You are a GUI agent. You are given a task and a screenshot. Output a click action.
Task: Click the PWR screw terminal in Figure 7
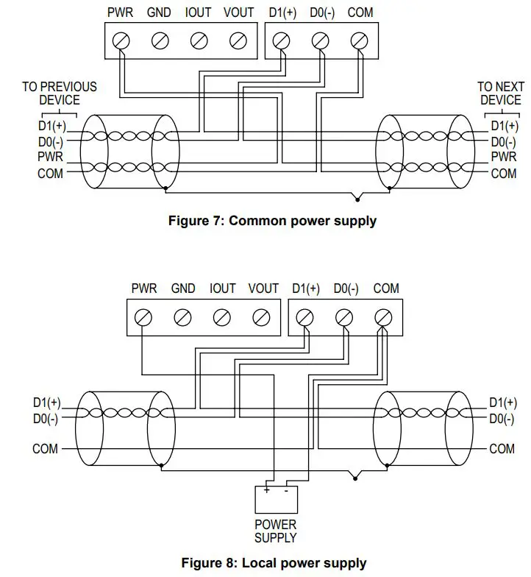click(120, 41)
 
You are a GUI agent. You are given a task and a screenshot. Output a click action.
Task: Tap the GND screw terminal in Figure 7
click(159, 41)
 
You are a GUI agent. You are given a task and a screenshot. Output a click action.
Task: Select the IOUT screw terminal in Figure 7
click(198, 41)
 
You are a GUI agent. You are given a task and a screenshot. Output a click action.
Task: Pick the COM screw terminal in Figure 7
click(360, 41)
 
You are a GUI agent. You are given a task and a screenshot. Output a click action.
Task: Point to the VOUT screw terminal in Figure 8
click(260, 317)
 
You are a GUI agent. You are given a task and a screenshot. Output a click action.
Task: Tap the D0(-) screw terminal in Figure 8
click(344, 317)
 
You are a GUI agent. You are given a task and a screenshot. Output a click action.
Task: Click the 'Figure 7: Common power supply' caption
click(272, 221)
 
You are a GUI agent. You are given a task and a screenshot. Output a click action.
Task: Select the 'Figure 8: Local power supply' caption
click(274, 564)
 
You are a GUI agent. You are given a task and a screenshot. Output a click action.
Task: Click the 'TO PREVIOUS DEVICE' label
click(59, 93)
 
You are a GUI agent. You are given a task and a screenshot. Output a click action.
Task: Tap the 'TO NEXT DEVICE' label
click(500, 93)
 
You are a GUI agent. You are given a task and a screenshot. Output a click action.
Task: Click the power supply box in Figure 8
click(277, 499)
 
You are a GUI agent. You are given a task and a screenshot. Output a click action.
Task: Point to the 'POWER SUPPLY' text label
click(276, 531)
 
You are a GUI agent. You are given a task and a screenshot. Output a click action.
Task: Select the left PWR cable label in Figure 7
click(51, 157)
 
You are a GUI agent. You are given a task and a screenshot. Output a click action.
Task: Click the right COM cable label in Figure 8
click(502, 448)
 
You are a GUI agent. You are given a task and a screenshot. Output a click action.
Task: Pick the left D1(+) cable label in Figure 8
click(46, 403)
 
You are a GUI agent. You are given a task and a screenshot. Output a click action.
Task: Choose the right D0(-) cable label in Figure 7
click(504, 141)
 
